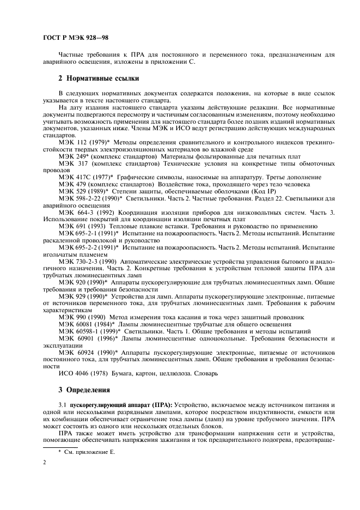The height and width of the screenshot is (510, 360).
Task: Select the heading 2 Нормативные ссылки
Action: pyautogui.click(x=99, y=78)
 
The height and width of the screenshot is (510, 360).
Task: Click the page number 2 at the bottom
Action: pyautogui.click(x=45, y=462)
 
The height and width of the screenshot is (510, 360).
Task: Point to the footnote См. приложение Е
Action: pyautogui.click(x=87, y=452)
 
